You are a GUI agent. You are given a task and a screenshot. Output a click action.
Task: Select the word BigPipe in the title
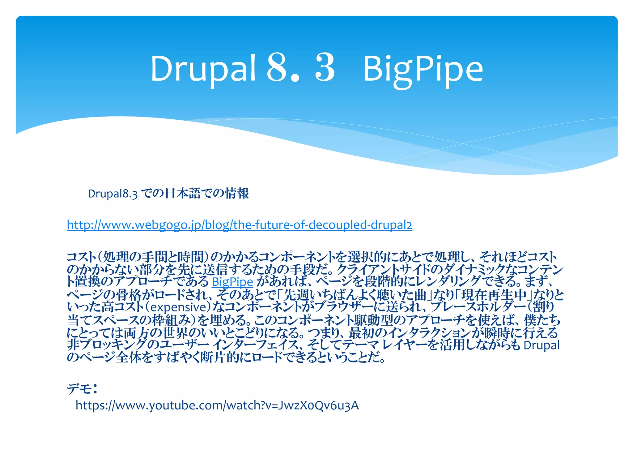(423, 70)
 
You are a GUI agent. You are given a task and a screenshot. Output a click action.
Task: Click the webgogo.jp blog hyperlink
(239, 225)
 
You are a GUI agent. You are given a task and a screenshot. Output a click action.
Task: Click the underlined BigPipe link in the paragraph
(232, 282)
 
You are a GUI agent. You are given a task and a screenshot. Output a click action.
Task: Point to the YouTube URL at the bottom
(217, 405)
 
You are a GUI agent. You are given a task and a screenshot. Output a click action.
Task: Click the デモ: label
(82, 388)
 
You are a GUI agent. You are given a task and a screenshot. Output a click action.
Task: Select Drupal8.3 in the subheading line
(113, 194)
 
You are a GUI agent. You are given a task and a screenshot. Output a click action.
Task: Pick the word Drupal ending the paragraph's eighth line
(542, 345)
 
